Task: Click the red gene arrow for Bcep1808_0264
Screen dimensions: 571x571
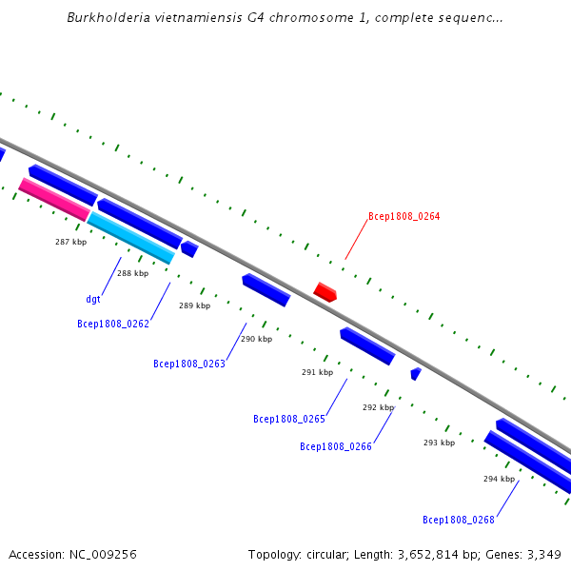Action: tap(325, 291)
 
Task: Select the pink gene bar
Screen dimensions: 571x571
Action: tap(53, 200)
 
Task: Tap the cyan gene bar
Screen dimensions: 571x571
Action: tap(131, 237)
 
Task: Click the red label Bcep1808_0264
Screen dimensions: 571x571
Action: tap(404, 216)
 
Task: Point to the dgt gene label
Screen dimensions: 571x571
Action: tap(93, 299)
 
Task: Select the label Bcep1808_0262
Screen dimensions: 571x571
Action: tap(113, 324)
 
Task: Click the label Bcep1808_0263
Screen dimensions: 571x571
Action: tap(189, 364)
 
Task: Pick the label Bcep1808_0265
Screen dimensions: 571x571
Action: tap(289, 419)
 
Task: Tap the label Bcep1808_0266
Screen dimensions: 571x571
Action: tap(336, 446)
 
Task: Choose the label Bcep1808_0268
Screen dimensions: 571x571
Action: tap(459, 520)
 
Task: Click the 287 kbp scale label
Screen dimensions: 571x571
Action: tap(70, 242)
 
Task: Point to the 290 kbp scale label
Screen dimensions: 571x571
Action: tap(256, 339)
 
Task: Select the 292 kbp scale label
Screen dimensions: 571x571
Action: tap(378, 407)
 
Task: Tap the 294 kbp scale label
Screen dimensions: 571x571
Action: tap(499, 479)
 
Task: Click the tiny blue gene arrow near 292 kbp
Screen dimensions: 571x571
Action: tap(415, 374)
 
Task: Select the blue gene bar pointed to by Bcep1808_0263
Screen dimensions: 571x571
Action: tap(266, 289)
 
